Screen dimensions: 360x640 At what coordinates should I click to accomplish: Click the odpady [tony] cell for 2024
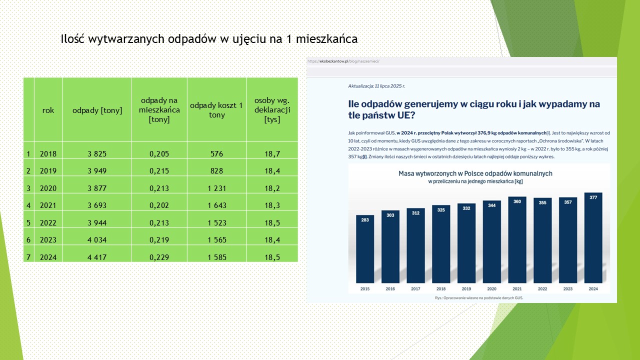[97, 257]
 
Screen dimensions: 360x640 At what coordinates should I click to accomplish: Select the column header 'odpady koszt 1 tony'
[216, 110]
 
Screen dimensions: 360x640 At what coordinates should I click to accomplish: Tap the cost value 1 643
[216, 205]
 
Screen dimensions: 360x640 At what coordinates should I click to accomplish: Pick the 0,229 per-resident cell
[159, 257]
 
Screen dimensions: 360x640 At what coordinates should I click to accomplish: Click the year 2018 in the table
[48, 153]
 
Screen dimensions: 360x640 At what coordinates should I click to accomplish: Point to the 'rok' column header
[48, 110]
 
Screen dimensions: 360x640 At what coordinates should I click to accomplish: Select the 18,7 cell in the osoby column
[272, 153]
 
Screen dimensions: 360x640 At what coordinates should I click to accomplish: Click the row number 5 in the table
[28, 223]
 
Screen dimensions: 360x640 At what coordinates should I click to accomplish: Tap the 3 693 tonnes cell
[97, 205]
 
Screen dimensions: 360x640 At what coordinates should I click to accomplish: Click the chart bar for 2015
[365, 250]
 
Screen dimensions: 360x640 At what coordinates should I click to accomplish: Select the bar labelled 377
[592, 240]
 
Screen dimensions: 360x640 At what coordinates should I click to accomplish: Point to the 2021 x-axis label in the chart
[517, 289]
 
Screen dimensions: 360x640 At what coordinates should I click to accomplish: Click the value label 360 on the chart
[517, 201]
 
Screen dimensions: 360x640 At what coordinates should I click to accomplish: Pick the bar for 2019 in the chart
[466, 245]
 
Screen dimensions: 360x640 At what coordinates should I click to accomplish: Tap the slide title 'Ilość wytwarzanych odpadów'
[209, 39]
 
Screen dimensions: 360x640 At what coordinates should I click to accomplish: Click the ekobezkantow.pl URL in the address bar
[344, 61]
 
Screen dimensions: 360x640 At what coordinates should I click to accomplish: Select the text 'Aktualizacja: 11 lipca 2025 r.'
[376, 86]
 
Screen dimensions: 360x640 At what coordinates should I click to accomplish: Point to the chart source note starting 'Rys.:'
[478, 298]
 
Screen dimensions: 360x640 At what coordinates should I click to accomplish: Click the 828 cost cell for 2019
[216, 171]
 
